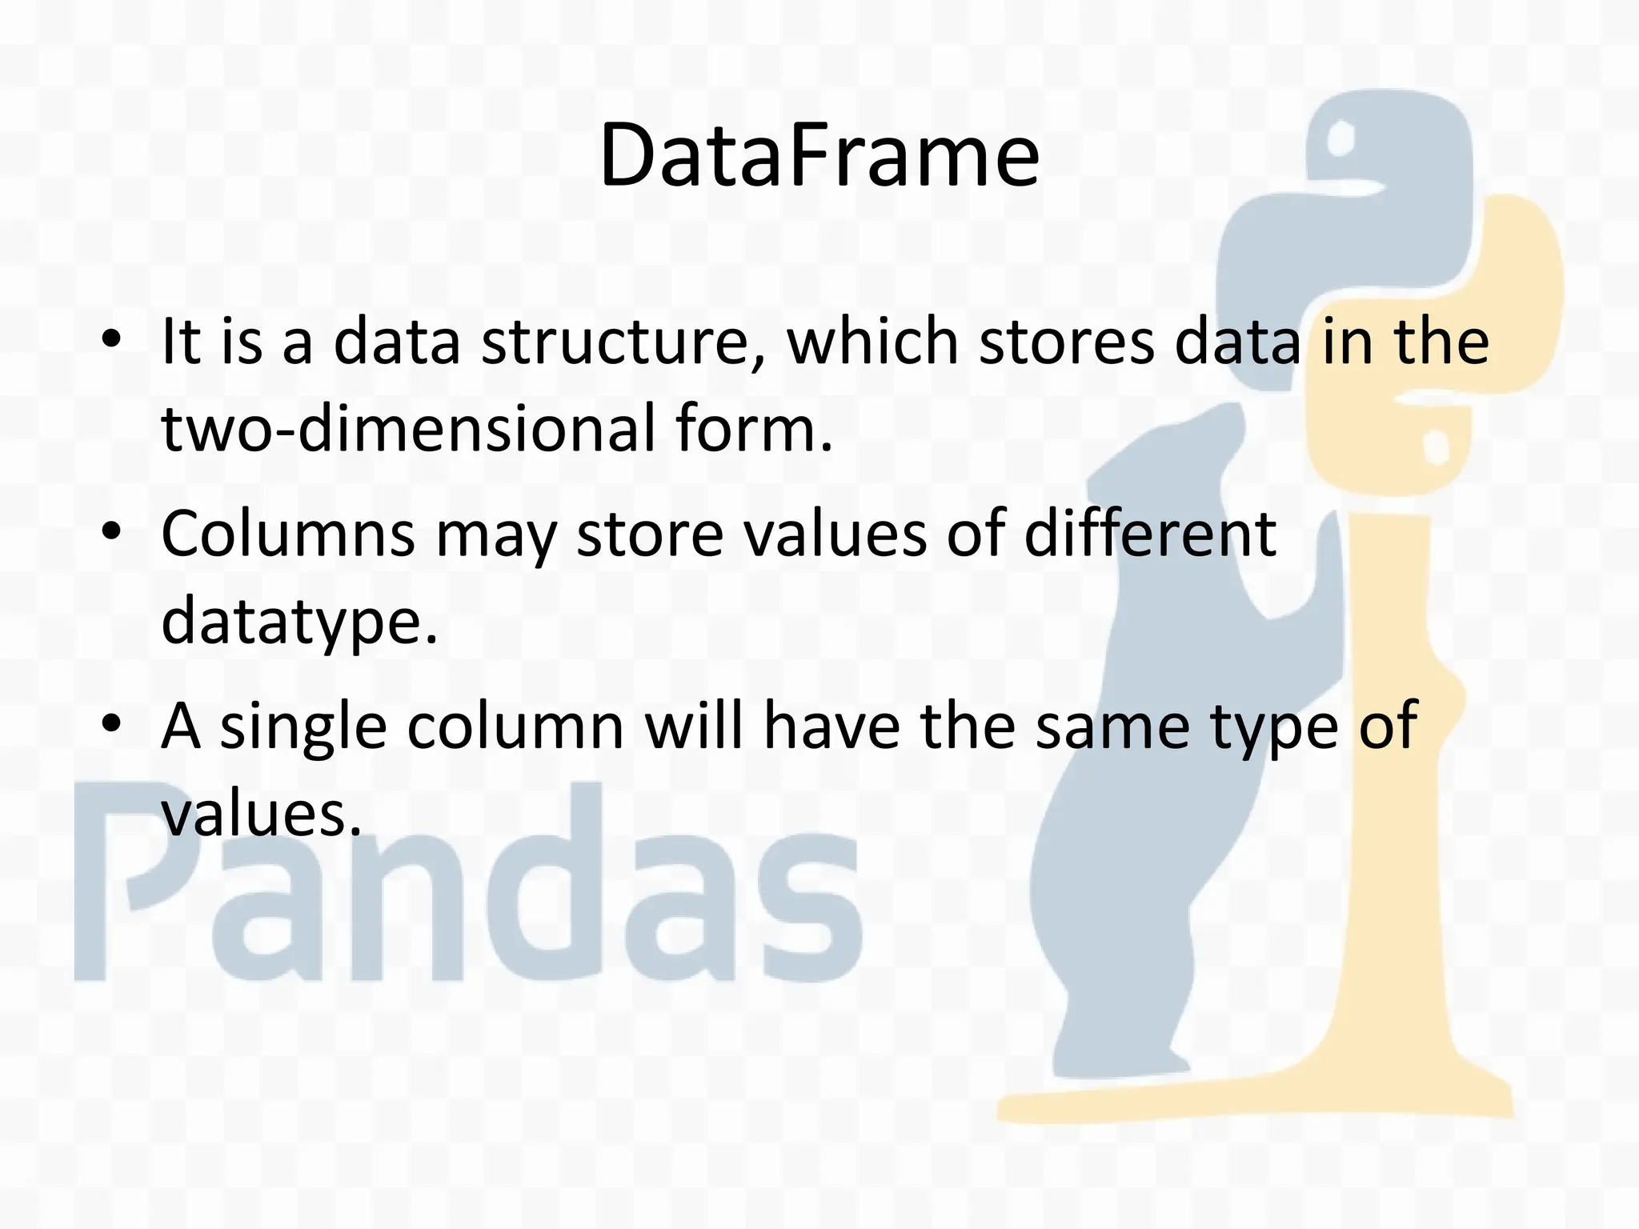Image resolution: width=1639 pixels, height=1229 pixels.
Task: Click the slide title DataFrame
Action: (819, 155)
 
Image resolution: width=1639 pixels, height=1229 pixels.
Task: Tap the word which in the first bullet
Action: (872, 342)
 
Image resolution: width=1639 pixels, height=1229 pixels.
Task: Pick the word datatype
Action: (299, 623)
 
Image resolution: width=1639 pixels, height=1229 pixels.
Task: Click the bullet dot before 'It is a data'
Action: (111, 339)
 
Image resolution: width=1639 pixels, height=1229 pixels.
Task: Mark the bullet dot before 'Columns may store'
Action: (111, 531)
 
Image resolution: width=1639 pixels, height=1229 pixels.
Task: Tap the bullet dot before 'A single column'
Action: (111, 723)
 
